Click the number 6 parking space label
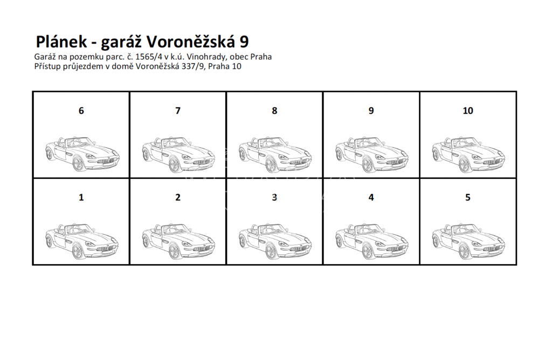pos(81,111)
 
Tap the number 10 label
pos(468,111)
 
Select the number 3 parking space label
pos(274,197)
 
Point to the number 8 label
pos(274,111)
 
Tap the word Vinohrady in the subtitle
pos(207,57)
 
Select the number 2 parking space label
pos(178,197)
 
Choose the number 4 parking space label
pos(371,197)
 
